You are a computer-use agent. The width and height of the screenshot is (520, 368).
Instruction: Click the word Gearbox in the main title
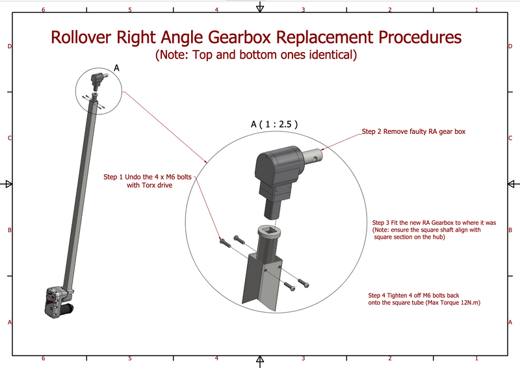[x=240, y=37]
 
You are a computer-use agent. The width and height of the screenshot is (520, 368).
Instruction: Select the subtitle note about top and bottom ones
[x=256, y=55]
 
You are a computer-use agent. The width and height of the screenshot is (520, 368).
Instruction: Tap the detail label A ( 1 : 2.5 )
[x=274, y=124]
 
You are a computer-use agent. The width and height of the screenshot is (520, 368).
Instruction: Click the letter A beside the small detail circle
[x=116, y=68]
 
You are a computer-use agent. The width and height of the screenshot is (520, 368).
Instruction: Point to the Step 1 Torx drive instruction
[x=148, y=181]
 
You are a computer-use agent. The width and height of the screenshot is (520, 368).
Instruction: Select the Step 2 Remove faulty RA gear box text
[x=413, y=132]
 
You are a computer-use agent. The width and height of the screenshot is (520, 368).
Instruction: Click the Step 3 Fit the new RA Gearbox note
[x=434, y=230]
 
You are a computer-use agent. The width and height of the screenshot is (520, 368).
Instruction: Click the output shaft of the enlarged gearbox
[x=311, y=156]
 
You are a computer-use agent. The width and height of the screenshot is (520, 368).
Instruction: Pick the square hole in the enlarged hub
[x=269, y=230]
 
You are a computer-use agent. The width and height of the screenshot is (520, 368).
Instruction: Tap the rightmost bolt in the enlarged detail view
[x=304, y=283]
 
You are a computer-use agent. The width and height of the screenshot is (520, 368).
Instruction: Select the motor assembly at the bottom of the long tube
[x=58, y=302]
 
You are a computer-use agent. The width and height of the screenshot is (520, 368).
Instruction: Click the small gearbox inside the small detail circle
[x=97, y=81]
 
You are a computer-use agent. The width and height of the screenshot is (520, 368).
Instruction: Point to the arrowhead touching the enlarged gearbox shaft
[x=322, y=149]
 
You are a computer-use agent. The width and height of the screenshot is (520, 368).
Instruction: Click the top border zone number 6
[x=43, y=10]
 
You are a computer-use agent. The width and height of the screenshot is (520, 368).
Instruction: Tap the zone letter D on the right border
[x=510, y=46]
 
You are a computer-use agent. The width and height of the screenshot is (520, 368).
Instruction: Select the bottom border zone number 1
[x=476, y=358]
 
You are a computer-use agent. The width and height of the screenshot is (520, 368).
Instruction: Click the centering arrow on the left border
[x=9, y=184]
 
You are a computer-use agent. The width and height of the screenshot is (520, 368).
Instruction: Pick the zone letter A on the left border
[x=10, y=322]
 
